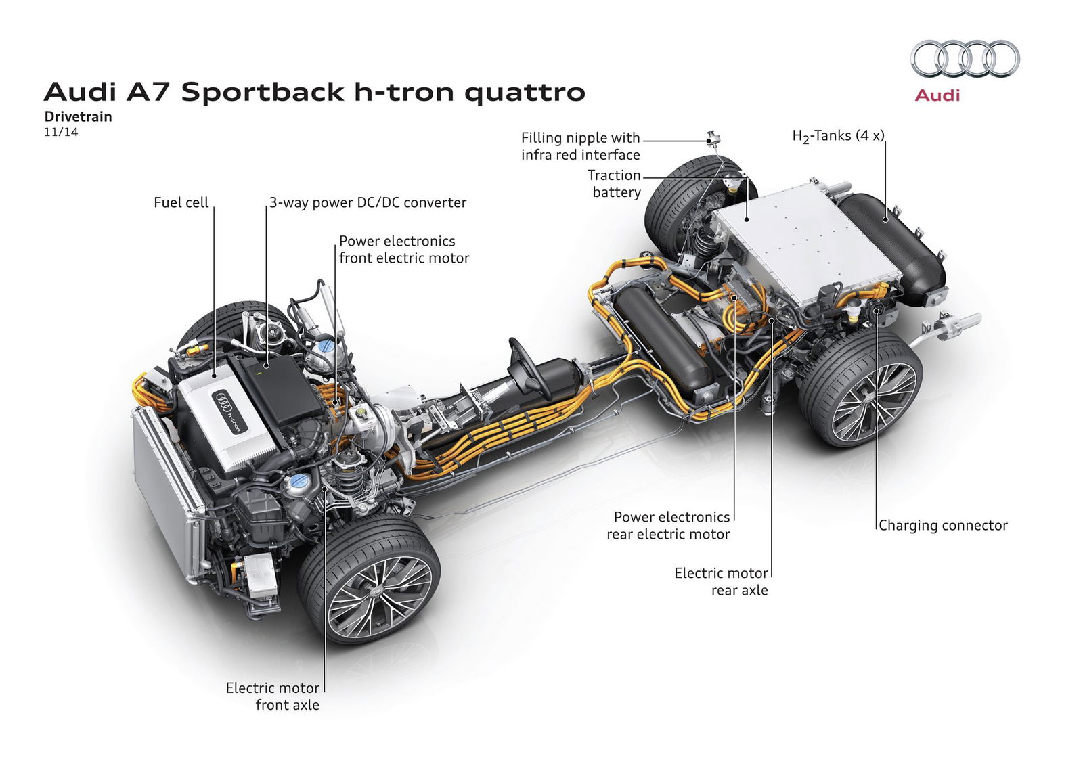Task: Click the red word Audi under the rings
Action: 937,95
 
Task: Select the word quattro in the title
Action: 525,91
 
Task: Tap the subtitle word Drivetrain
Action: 78,116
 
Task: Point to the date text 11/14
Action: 61,132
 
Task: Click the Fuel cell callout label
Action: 181,202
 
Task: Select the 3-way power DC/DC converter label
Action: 368,202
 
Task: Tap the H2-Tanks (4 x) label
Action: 838,136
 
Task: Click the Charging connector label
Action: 943,525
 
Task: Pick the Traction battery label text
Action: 615,183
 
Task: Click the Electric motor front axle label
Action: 273,696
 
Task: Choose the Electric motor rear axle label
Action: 722,581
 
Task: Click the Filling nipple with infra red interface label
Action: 580,146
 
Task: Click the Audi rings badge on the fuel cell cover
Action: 223,402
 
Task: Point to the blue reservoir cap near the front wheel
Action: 297,483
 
